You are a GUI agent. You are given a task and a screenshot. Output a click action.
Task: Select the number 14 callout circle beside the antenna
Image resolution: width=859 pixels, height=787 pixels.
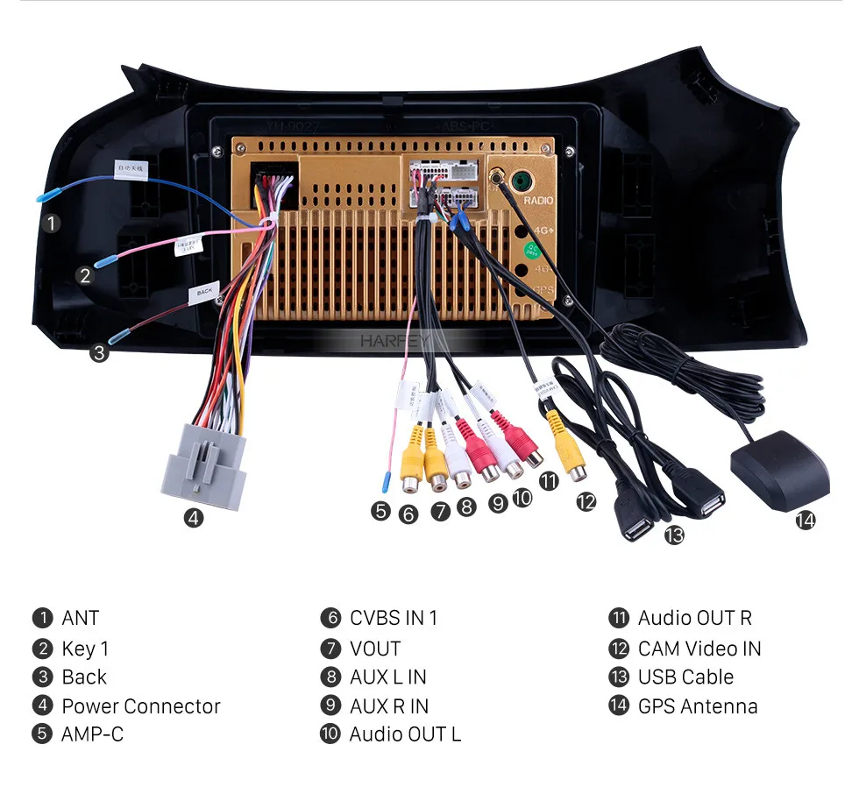pyautogui.click(x=805, y=520)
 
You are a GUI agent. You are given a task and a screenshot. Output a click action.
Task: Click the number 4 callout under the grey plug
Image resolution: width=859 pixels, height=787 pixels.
pyautogui.click(x=194, y=518)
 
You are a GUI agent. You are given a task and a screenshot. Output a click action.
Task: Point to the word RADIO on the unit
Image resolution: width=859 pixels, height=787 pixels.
pyautogui.click(x=538, y=201)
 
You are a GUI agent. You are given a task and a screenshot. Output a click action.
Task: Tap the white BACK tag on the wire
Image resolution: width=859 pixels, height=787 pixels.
pyautogui.click(x=204, y=292)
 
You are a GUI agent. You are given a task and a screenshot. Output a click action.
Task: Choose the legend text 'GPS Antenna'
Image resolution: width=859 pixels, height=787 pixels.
pyautogui.click(x=698, y=706)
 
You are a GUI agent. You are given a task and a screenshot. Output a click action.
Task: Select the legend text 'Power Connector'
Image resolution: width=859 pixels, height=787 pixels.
pyautogui.click(x=141, y=706)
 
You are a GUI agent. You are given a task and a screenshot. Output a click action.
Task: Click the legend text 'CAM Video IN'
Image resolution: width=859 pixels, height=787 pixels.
pyautogui.click(x=699, y=649)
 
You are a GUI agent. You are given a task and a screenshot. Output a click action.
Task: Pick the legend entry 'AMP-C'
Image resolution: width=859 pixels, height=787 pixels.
pyautogui.click(x=92, y=734)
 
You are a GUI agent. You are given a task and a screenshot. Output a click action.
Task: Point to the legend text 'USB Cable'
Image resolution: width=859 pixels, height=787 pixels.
pyautogui.click(x=685, y=677)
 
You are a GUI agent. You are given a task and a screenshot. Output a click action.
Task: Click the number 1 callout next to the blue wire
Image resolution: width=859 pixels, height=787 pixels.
pyautogui.click(x=53, y=223)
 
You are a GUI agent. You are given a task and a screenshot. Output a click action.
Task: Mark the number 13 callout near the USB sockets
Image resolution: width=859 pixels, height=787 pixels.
pyautogui.click(x=673, y=535)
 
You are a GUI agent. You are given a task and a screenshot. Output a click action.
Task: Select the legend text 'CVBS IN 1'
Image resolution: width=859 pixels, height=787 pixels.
pyautogui.click(x=394, y=618)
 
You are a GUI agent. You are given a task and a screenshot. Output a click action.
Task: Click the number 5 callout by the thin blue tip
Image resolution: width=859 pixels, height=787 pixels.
pyautogui.click(x=380, y=510)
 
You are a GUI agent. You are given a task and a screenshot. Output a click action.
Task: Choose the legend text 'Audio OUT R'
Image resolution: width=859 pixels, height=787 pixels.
pyautogui.click(x=694, y=618)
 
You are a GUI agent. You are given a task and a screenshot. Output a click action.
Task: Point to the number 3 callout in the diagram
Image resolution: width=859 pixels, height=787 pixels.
pyautogui.click(x=100, y=353)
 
